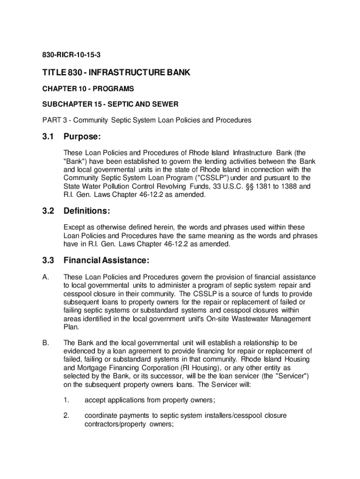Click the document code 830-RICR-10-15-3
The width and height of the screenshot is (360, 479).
71,56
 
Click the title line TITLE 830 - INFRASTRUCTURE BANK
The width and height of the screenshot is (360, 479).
116,73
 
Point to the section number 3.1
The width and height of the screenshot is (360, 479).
48,137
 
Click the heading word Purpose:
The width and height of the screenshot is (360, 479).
83,137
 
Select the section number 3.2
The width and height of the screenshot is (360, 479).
48,211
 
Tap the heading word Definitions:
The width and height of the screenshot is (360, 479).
87,211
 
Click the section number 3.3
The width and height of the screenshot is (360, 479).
48,260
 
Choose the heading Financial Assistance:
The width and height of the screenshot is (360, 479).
107,260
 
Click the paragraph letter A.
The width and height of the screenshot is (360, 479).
45,277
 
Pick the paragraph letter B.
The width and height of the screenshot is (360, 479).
45,342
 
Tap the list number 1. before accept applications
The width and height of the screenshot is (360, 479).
67,400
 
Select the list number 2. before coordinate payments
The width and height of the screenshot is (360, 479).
67,415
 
